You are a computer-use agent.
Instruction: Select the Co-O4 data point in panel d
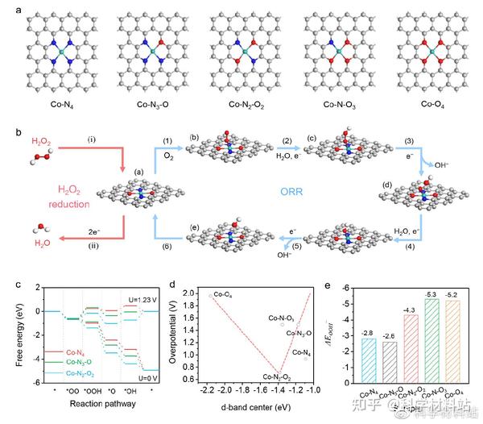pos(210,296)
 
